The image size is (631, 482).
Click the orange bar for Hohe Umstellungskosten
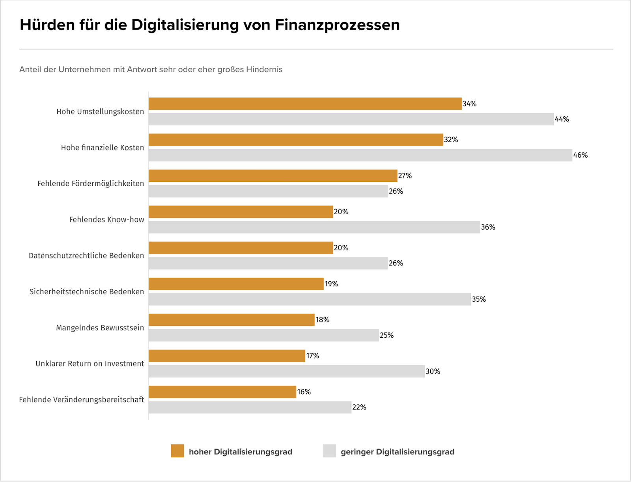pyautogui.click(x=305, y=104)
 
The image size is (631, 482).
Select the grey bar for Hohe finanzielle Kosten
pyautogui.click(x=360, y=155)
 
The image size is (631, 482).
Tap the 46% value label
pyautogui.click(x=580, y=155)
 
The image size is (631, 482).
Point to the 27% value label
pyautogui.click(x=405, y=176)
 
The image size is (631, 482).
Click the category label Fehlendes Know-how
pyautogui.click(x=106, y=220)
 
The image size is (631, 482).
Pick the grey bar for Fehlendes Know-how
pyautogui.click(x=314, y=227)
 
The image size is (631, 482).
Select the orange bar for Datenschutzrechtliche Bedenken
pyautogui.click(x=241, y=248)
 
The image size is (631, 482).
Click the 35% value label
pyautogui.click(x=479, y=299)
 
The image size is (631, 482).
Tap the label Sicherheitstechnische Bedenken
pyautogui.click(x=86, y=292)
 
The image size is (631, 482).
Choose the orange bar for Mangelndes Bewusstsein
pyautogui.click(x=231, y=320)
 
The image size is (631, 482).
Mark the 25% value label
pyautogui.click(x=386, y=335)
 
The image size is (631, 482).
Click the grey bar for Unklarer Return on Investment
pyautogui.click(x=286, y=371)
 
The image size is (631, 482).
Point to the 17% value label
pyautogui.click(x=313, y=356)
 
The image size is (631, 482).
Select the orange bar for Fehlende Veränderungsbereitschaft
pyautogui.click(x=222, y=392)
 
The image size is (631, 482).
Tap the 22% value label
pyautogui.click(x=359, y=407)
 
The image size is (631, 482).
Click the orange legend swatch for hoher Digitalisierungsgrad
pyautogui.click(x=177, y=451)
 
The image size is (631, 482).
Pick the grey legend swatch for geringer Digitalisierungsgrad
pyautogui.click(x=329, y=451)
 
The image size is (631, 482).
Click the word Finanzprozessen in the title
pyautogui.click(x=337, y=25)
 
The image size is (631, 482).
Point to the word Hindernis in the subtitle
pyautogui.click(x=264, y=70)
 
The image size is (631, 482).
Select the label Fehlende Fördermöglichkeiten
pyautogui.click(x=90, y=184)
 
